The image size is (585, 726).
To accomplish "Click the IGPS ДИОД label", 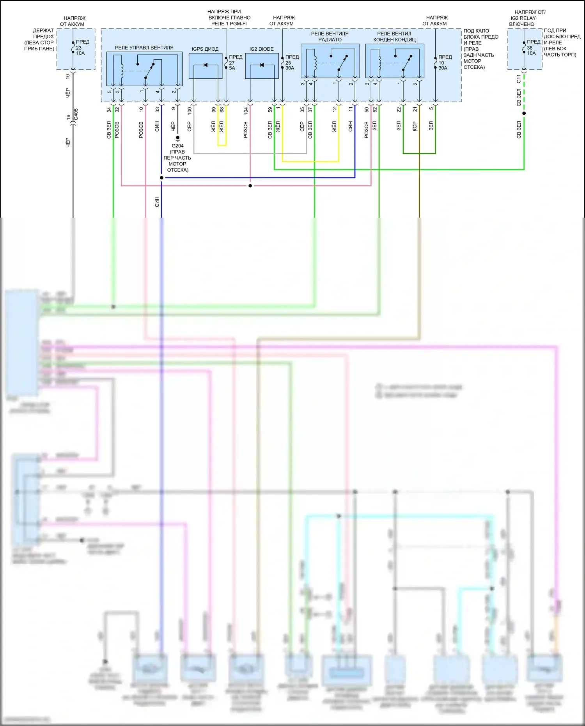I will click(205, 49).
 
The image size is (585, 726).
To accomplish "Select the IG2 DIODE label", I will click(261, 49).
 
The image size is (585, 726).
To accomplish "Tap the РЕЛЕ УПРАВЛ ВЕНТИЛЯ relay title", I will click(144, 48).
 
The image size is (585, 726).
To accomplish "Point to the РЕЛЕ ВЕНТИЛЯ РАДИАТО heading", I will click(330, 37).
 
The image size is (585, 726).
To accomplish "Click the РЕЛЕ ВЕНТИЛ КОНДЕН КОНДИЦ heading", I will click(394, 37).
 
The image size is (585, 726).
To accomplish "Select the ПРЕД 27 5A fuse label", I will click(235, 62).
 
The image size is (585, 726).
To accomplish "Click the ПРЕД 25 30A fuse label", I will click(291, 62).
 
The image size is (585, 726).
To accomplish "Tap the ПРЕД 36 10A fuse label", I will click(533, 47).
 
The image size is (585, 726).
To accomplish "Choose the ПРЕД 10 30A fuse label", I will click(444, 62).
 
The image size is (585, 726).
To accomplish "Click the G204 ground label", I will click(177, 146).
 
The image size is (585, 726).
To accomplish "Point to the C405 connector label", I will click(76, 114).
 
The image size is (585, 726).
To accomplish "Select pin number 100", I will click(190, 110).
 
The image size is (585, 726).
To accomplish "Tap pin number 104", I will click(246, 110).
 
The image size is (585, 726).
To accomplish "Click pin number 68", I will click(222, 110).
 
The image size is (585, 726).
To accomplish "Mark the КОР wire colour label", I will click(415, 126).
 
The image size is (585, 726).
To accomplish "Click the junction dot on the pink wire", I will click(250, 186).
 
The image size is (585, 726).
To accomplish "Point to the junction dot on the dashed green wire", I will click(524, 114).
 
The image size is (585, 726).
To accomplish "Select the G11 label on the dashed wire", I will click(519, 79).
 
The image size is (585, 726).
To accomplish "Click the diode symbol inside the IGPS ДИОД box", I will click(206, 65).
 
